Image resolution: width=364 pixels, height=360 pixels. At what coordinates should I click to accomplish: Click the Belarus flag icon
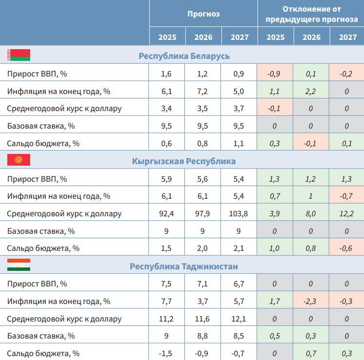[x=18, y=55]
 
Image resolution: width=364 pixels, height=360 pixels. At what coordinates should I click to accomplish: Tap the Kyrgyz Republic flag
[x=18, y=160]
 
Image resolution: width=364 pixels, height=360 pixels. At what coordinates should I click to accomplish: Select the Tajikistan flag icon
[x=18, y=265]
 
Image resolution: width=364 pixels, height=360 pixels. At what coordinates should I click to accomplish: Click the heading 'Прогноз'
[x=203, y=14]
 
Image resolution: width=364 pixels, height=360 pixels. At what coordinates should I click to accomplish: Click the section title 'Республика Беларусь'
[x=184, y=56]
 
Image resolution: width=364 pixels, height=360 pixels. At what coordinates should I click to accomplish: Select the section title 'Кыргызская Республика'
[x=184, y=161]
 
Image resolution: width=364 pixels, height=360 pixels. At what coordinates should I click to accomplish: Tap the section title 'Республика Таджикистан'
[x=184, y=266]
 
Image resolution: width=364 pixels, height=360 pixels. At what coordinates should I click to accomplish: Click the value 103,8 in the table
[x=239, y=213]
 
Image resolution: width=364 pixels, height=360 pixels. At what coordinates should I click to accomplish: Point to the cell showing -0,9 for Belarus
[x=275, y=73]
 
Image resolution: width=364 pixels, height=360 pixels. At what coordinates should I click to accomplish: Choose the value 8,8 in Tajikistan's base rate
[x=203, y=336]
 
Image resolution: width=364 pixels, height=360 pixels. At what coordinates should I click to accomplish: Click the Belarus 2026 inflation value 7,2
[x=203, y=91]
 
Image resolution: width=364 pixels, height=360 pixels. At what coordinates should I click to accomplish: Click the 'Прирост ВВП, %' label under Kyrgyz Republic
[x=37, y=178]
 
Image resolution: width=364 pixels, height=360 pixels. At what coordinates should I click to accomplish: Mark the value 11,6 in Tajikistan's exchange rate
[x=203, y=319]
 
